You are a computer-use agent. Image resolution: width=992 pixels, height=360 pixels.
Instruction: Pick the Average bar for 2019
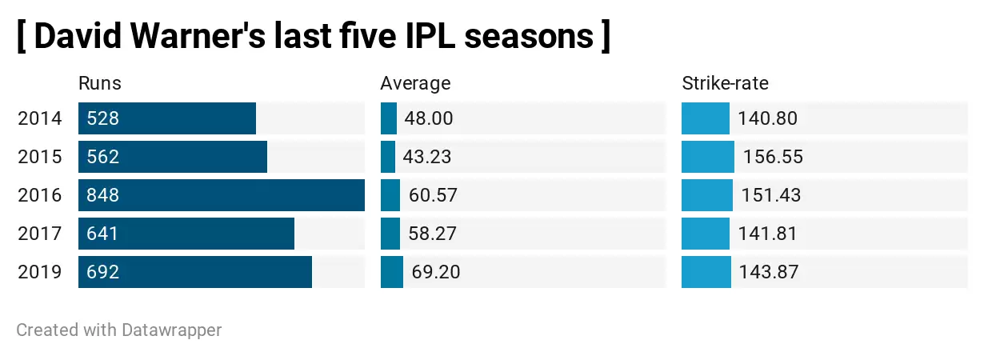click(392, 272)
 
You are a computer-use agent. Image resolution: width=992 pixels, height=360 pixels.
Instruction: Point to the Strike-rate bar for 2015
click(708, 157)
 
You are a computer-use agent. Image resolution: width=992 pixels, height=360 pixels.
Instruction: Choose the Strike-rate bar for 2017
click(706, 234)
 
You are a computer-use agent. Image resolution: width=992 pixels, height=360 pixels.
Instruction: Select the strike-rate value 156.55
click(773, 157)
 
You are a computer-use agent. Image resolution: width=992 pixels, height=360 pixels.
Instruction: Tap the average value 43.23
click(427, 157)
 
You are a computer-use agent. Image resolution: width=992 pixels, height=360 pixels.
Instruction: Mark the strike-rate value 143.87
click(768, 272)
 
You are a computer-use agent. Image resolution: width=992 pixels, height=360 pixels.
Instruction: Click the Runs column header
click(100, 83)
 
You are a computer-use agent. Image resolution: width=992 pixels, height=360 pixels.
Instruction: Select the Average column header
click(415, 83)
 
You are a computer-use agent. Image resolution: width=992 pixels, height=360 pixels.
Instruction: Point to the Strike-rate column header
click(725, 83)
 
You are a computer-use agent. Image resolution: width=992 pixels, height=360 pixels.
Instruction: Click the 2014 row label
click(39, 118)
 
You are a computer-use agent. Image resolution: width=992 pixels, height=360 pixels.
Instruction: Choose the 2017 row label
click(39, 234)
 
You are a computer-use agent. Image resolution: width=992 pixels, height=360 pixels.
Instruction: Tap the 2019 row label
click(39, 272)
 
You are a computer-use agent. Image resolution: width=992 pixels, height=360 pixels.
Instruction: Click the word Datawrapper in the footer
click(171, 330)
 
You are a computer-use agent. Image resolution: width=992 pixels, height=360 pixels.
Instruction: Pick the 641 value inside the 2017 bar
click(103, 234)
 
